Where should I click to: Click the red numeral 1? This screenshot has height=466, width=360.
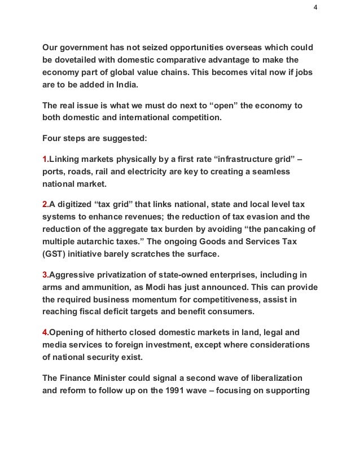tap(45, 160)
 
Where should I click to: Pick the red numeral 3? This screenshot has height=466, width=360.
tap(45, 275)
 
